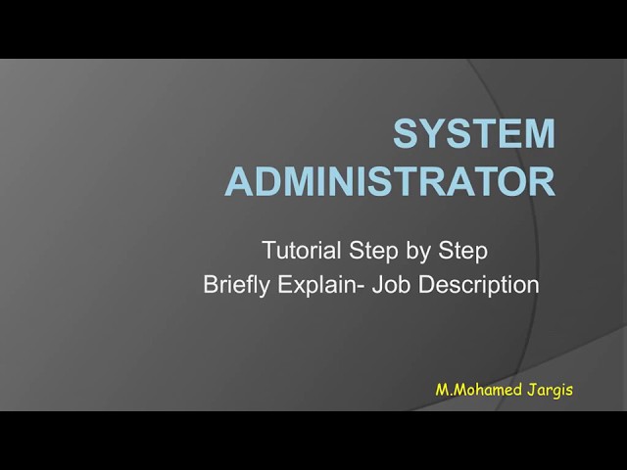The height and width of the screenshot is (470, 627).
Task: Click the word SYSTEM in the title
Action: pos(474,134)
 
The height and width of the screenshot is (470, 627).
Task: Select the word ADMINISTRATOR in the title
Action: pos(390,182)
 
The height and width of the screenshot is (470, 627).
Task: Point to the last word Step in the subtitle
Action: pos(461,252)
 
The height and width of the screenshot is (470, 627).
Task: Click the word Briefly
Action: pos(237,285)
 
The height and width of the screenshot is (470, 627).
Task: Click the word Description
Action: pos(480,285)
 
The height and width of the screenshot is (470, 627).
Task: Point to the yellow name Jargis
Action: pos(549,390)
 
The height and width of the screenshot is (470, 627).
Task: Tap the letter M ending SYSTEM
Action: pos(537,134)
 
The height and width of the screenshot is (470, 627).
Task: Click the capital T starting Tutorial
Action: pos(267,251)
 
